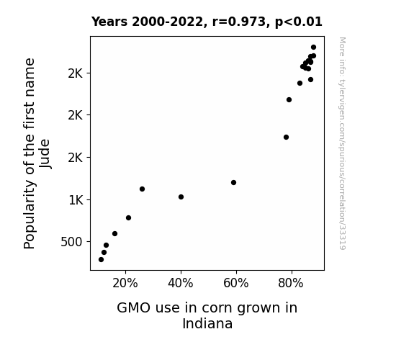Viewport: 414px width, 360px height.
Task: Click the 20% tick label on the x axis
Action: pos(125,284)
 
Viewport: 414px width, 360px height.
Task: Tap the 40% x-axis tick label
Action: pos(181,284)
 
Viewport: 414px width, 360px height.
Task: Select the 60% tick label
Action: pos(236,284)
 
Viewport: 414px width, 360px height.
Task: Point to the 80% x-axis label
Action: pos(291,284)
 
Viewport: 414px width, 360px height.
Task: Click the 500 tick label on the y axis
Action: pos(72,242)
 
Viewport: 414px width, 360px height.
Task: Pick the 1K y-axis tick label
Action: pos(76,200)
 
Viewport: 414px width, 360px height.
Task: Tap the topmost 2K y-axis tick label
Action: pos(76,73)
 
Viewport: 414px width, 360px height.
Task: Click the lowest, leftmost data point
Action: pos(101,260)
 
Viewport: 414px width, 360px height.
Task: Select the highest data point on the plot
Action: pos(313,48)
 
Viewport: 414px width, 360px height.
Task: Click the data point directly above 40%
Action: pos(181,197)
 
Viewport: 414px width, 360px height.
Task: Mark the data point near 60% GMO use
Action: pos(233,182)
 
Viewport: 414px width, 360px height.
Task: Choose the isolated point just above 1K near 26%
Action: pos(142,189)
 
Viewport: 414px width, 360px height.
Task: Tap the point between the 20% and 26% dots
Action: pos(128,218)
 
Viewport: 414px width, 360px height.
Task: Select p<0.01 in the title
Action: pos(299,22)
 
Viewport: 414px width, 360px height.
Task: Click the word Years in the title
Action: pos(109,22)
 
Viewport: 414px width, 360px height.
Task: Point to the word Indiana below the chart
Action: pos(207,323)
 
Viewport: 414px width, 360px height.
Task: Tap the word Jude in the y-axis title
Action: pos(45,153)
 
